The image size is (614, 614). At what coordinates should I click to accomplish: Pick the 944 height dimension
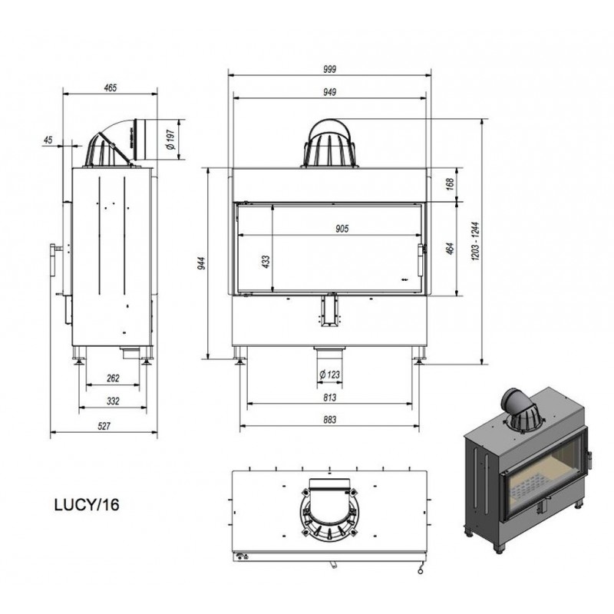(202, 263)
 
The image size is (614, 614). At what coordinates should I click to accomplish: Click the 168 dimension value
(451, 183)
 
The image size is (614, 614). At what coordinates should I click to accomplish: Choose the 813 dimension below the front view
(329, 398)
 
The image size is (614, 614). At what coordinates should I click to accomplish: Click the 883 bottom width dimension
(329, 420)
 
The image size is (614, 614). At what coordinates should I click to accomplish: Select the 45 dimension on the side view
(48, 140)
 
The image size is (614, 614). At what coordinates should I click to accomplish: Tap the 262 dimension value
(113, 378)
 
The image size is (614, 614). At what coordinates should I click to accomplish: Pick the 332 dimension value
(113, 401)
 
